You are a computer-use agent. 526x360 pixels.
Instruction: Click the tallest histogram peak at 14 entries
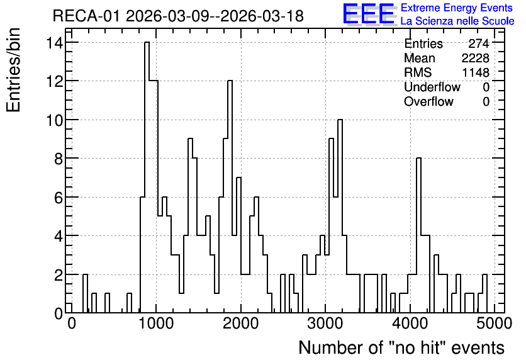pyautogui.click(x=147, y=43)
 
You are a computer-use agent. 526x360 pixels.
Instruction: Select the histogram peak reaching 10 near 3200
pyautogui.click(x=340, y=120)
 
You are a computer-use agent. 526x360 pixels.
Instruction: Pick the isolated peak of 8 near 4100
pyautogui.click(x=418, y=159)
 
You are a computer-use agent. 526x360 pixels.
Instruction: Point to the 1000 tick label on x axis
pyautogui.click(x=156, y=323)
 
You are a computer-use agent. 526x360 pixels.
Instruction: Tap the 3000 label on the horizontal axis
pyautogui.click(x=325, y=323)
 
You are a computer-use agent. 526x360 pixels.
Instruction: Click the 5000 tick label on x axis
pyautogui.click(x=494, y=323)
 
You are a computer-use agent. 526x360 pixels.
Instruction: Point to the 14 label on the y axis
pyautogui.click(x=54, y=43)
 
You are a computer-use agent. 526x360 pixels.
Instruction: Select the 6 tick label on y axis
pyautogui.click(x=59, y=198)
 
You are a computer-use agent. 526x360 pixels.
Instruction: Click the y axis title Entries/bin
pyautogui.click(x=13, y=70)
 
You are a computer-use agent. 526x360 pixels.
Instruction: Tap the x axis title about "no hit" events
pyautogui.click(x=401, y=347)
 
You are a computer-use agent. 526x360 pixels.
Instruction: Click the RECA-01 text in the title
pyautogui.click(x=86, y=16)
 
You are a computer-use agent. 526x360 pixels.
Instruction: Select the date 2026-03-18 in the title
pyautogui.click(x=262, y=16)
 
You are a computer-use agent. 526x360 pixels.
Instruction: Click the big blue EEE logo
pyautogui.click(x=369, y=14)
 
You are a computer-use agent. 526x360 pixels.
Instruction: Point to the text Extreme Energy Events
pyautogui.click(x=457, y=8)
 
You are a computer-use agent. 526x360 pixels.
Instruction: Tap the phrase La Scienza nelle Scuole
pyautogui.click(x=457, y=21)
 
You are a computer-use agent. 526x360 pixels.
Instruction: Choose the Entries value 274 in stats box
pyautogui.click(x=479, y=43)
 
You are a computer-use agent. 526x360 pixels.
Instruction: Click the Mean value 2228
pyautogui.click(x=475, y=58)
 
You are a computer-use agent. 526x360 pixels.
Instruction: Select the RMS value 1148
pyautogui.click(x=476, y=72)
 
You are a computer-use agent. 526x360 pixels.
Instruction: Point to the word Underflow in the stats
pyautogui.click(x=432, y=87)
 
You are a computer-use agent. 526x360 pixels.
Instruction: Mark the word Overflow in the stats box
pyautogui.click(x=428, y=101)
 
